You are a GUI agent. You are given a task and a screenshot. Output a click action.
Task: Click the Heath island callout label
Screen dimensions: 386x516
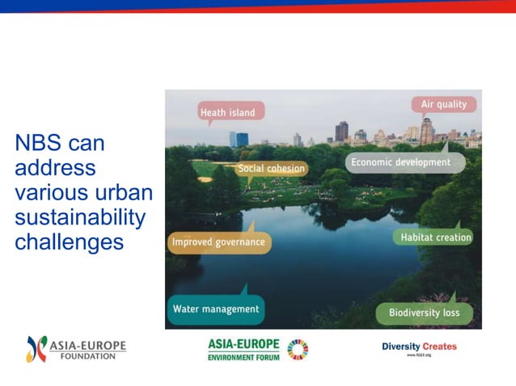pyautogui.click(x=227, y=112)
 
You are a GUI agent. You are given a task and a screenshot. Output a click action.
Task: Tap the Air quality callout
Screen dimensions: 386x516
pyautogui.click(x=443, y=104)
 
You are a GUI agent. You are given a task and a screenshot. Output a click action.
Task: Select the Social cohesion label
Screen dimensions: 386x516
pyautogui.click(x=272, y=168)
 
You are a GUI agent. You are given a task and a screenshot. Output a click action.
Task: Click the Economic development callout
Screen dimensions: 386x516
pyautogui.click(x=399, y=162)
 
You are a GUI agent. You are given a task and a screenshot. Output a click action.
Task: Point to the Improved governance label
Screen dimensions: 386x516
pyautogui.click(x=218, y=241)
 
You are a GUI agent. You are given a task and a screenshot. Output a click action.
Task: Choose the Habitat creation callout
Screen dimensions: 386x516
pyautogui.click(x=436, y=237)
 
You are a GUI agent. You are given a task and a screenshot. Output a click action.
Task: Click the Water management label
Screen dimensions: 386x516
pyautogui.click(x=215, y=308)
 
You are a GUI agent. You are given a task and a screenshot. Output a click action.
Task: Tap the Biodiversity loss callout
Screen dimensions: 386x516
pyautogui.click(x=424, y=313)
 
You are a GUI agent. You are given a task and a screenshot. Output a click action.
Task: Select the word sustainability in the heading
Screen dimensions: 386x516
pyautogui.click(x=80, y=217)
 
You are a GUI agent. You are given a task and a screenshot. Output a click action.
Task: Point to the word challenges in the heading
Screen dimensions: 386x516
pyautogui.click(x=69, y=241)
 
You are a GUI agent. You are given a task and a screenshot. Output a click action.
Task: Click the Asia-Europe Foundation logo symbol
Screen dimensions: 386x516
pyautogui.click(x=36, y=349)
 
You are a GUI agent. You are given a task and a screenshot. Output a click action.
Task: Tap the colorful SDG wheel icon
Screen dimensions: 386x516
pyautogui.click(x=298, y=349)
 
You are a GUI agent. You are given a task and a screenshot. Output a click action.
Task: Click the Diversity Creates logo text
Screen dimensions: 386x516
pyautogui.click(x=419, y=346)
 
